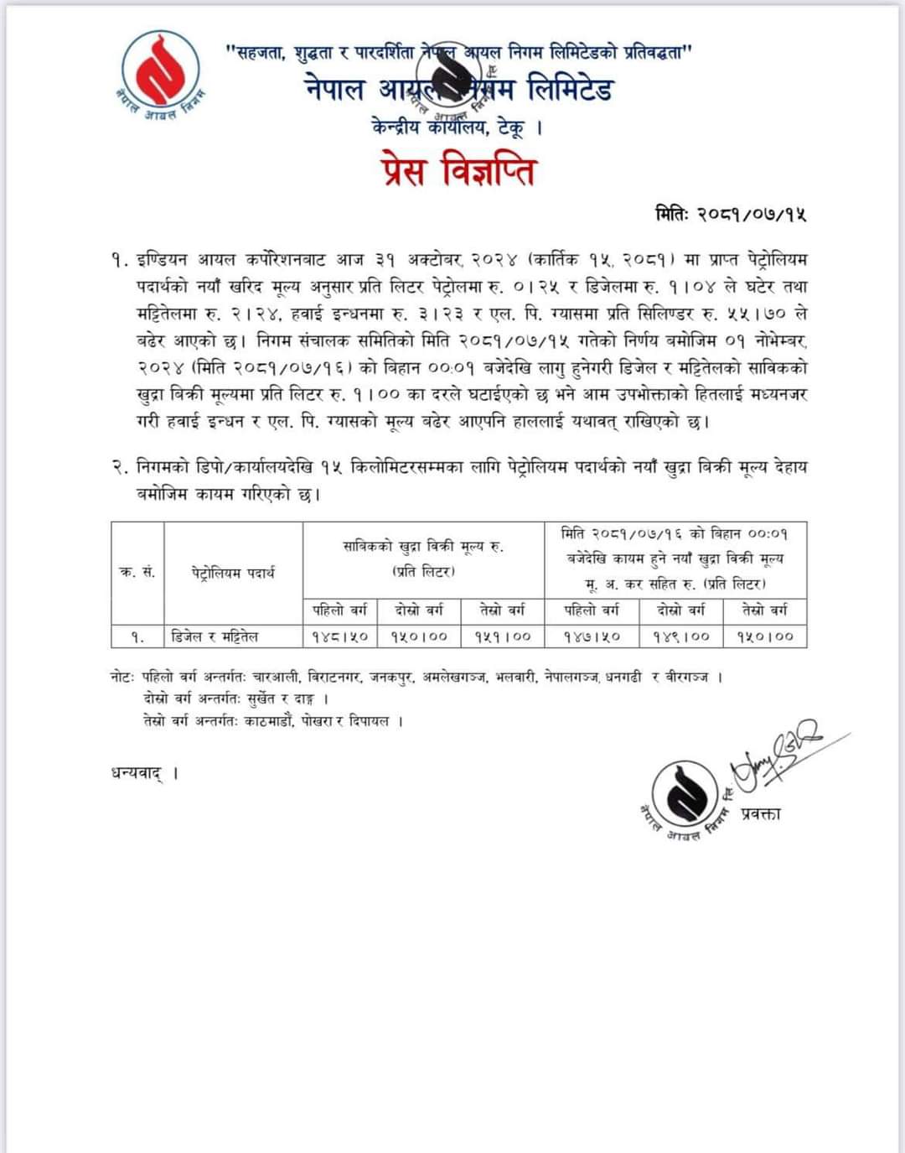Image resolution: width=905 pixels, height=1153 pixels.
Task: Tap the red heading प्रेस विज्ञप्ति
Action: click(x=457, y=171)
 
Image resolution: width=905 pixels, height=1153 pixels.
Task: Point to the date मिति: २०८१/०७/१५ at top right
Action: click(x=731, y=215)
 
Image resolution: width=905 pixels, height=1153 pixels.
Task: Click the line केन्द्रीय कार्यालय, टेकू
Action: click(x=457, y=127)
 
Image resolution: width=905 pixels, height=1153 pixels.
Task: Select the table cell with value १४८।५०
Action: click(x=339, y=636)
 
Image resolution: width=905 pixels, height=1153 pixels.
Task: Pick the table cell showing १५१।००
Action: click(x=502, y=636)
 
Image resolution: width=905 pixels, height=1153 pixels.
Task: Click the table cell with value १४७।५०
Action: click(x=592, y=636)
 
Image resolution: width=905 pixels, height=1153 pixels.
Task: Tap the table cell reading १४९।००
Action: click(x=680, y=636)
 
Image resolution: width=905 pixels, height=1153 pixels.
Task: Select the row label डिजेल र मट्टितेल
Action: click(x=215, y=636)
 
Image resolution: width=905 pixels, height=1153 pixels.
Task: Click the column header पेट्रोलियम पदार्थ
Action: click(x=232, y=574)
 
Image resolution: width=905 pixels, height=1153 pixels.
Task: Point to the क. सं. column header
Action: click(x=137, y=573)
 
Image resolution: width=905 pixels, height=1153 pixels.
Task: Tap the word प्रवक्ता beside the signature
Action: click(x=761, y=813)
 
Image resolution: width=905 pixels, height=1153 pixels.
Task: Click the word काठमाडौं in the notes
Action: click(x=267, y=721)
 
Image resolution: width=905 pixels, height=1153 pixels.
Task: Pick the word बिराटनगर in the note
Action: click(x=334, y=677)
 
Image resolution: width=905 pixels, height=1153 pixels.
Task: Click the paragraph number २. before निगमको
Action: click(x=118, y=468)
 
